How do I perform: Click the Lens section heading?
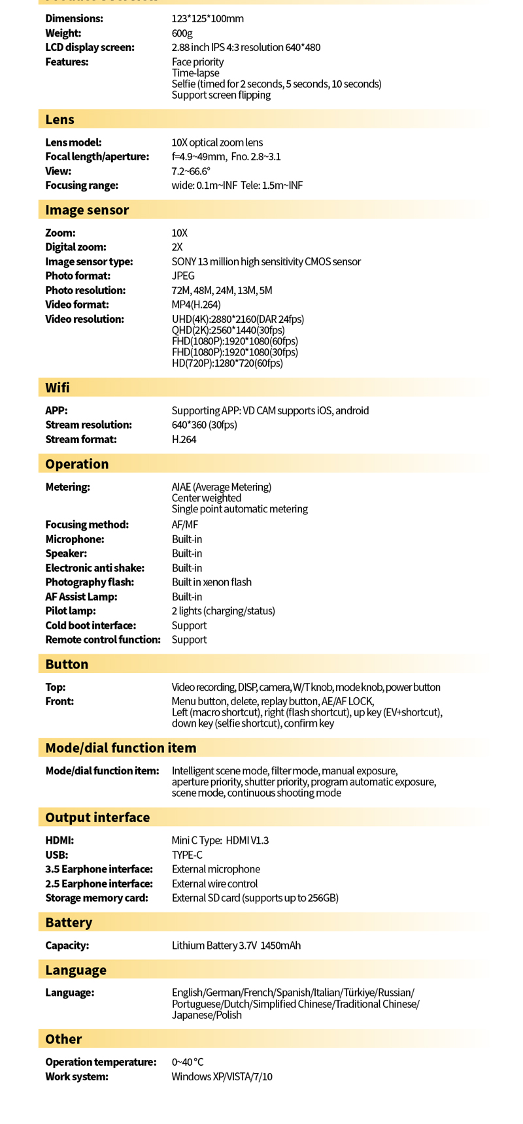pos(59,120)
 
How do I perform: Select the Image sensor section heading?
pos(87,210)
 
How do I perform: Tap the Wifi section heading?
pos(58,388)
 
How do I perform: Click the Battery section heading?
pos(69,922)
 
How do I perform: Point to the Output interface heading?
pos(97,818)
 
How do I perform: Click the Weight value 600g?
pos(182,33)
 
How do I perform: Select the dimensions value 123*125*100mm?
pos(207,18)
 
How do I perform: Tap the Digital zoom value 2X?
pos(177,247)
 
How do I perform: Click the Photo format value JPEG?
pos(183,276)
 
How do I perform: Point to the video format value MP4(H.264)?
pos(196,305)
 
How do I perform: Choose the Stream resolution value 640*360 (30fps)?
pos(204,425)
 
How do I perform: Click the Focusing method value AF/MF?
pos(184,525)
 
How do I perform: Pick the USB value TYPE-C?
pos(187,855)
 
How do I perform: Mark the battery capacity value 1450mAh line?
pos(236,946)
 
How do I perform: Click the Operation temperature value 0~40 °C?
pos(188,1062)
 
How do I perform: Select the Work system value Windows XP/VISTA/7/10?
pos(222,1076)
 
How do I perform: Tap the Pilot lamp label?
pos(71,611)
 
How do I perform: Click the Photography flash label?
pos(90,582)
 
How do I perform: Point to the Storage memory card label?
pos(97,898)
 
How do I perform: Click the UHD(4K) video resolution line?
pos(237,319)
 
